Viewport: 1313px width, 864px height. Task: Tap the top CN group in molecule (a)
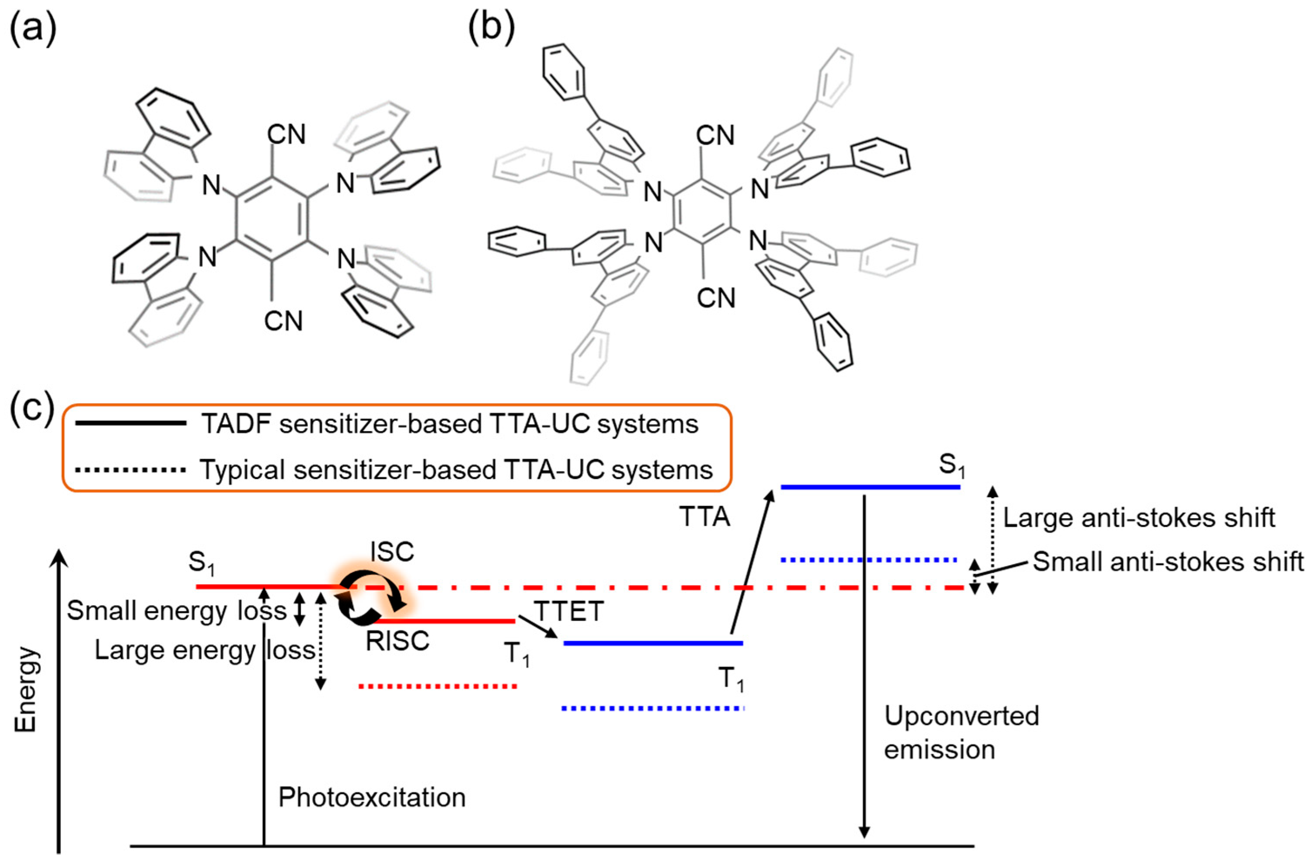click(x=286, y=134)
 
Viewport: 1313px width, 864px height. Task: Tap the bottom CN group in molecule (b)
click(x=716, y=298)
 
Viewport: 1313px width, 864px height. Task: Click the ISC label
click(x=392, y=551)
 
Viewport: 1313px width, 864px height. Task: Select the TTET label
click(x=568, y=611)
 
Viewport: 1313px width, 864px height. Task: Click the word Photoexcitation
click(x=372, y=798)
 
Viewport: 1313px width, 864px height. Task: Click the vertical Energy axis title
click(x=26, y=690)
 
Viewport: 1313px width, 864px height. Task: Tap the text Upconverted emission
click(x=961, y=733)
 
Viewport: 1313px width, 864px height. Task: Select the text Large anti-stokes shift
click(x=1139, y=518)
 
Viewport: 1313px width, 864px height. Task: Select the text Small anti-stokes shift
click(x=1168, y=562)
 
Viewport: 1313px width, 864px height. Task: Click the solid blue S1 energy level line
click(x=871, y=487)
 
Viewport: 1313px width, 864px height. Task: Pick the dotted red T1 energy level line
click(x=438, y=687)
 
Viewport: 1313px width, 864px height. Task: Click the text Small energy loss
click(x=177, y=611)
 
